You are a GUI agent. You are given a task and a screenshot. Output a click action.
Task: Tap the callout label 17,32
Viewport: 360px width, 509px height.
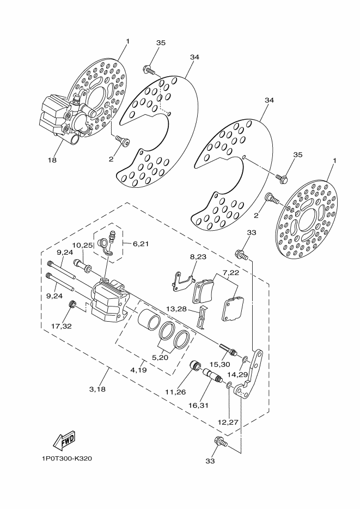(62, 327)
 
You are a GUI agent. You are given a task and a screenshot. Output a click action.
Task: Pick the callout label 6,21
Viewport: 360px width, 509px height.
(230, 272)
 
